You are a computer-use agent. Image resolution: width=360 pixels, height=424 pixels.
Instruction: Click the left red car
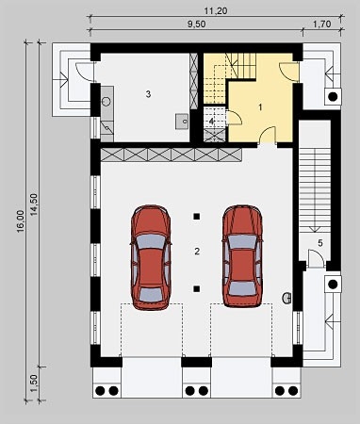(151, 256)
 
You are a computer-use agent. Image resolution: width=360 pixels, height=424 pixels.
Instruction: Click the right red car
(242, 256)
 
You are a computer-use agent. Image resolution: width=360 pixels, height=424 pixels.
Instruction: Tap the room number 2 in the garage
(197, 252)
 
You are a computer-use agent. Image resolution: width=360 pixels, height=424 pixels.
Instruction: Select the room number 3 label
(148, 94)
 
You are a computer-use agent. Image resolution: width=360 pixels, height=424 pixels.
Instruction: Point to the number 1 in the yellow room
(248, 108)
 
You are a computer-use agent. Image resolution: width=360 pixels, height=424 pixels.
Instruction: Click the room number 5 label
(320, 243)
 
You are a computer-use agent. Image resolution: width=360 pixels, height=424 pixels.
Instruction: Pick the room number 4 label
(212, 122)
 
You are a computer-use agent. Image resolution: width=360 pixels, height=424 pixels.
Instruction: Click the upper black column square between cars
(197, 218)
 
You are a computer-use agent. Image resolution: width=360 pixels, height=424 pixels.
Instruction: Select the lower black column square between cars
(197, 288)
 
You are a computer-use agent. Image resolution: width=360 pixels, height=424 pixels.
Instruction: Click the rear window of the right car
(242, 285)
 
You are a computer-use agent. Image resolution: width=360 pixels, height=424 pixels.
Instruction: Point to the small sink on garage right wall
(288, 301)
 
